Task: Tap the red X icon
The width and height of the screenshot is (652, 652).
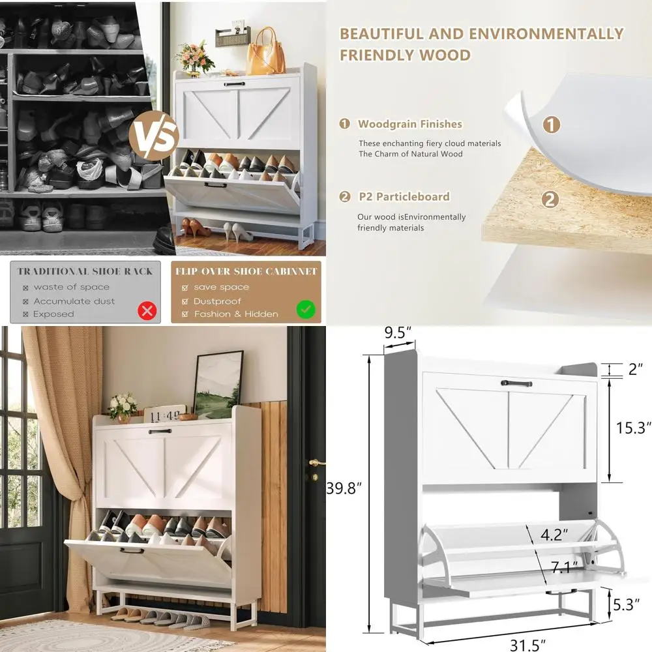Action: pos(147,310)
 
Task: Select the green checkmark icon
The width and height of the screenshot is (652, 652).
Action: pos(306,310)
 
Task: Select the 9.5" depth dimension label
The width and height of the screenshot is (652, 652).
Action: pos(398,333)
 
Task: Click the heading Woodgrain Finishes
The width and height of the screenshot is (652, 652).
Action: pos(409,124)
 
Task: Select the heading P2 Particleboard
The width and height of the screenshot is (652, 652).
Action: pos(403,196)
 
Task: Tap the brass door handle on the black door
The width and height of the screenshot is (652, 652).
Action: pos(316,463)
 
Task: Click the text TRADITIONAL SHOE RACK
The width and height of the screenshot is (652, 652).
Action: pos(85,271)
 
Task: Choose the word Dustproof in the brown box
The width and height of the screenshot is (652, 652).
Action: pos(217,301)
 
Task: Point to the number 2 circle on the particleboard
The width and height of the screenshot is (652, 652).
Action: pos(550,199)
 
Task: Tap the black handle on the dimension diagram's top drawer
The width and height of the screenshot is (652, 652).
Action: pos(516,383)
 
